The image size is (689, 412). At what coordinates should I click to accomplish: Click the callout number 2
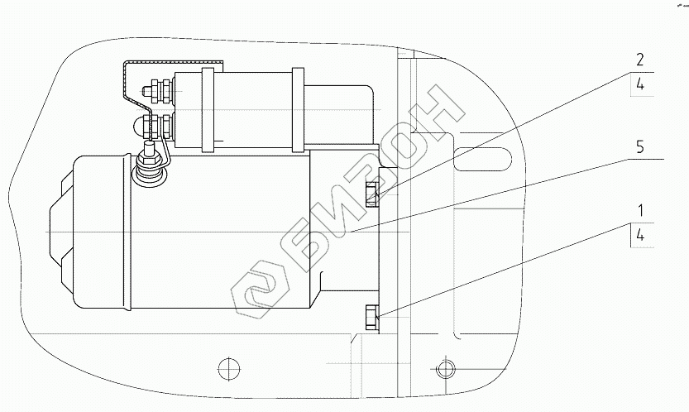pos(640,60)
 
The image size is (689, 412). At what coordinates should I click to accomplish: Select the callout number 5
pos(640,146)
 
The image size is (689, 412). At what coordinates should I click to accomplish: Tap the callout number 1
pos(641,211)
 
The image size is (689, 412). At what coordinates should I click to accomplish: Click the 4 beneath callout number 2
pos(640,84)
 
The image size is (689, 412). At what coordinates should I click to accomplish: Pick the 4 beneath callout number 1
pos(640,235)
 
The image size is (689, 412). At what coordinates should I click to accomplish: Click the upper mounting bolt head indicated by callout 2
pos(371,194)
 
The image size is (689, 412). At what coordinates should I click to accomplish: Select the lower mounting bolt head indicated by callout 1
pos(371,318)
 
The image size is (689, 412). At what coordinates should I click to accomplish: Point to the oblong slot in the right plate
pos(482,159)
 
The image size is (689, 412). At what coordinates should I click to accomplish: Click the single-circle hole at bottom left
pos(229,367)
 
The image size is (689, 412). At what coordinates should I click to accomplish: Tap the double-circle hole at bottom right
pos(445,368)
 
